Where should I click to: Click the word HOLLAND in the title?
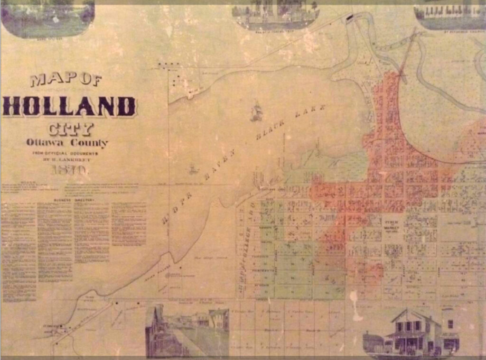[x=70, y=106]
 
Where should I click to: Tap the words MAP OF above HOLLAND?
[x=66, y=80]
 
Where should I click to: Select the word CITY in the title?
[x=72, y=129]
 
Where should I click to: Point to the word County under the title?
[x=89, y=143]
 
